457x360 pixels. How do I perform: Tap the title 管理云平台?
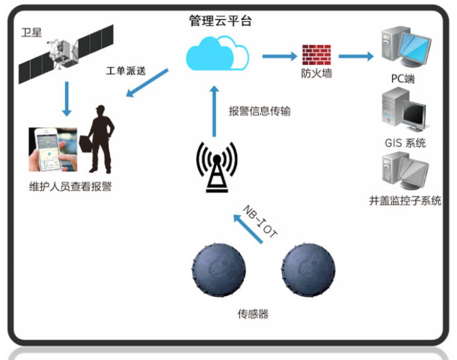click(x=221, y=21)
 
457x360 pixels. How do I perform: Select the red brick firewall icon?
click(x=316, y=54)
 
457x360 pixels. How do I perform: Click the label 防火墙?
click(x=316, y=74)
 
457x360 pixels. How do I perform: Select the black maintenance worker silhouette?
click(x=99, y=139)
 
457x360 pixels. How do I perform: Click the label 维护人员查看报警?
click(x=70, y=186)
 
